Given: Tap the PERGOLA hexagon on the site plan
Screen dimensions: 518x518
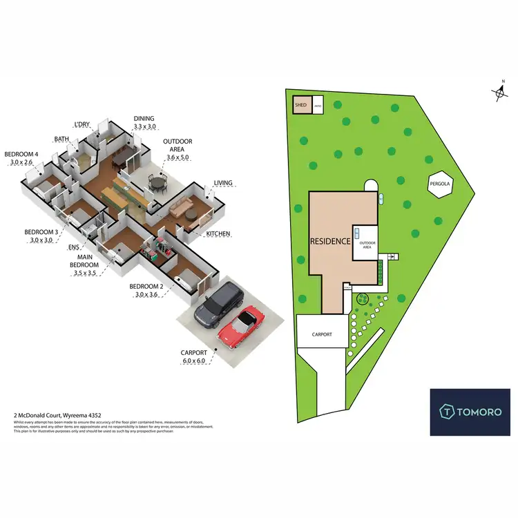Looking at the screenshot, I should tap(441, 185).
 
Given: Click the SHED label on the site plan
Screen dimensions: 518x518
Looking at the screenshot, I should tap(300, 105).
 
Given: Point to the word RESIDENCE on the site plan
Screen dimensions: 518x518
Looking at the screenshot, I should tap(331, 242).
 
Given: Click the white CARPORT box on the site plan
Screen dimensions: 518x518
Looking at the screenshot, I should tap(321, 334).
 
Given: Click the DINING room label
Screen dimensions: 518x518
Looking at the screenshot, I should tap(144, 119).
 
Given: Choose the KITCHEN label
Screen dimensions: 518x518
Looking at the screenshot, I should tap(217, 234).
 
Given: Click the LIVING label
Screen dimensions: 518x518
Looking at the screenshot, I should tap(222, 183).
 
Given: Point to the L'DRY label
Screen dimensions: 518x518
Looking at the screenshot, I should tap(81, 124).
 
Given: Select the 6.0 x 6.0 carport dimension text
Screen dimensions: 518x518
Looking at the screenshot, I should tap(194, 361).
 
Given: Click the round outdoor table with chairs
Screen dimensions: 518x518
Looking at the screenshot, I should tap(159, 184).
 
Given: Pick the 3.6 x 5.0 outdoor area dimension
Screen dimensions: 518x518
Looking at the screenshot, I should tap(178, 157).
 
